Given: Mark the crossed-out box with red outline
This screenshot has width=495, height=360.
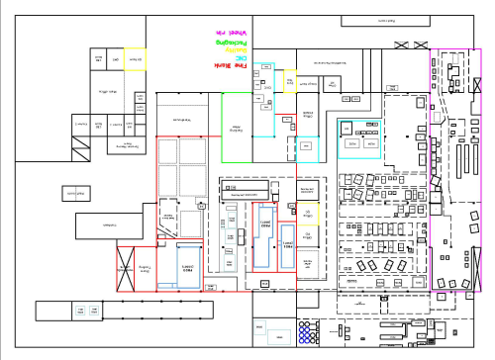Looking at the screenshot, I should tap(126, 269).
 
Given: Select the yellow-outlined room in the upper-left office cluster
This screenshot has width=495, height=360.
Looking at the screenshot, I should tap(135, 59).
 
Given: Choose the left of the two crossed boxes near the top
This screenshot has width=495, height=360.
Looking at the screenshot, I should tap(404, 44).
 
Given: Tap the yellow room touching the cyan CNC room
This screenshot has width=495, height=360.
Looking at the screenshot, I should tap(289, 80).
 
